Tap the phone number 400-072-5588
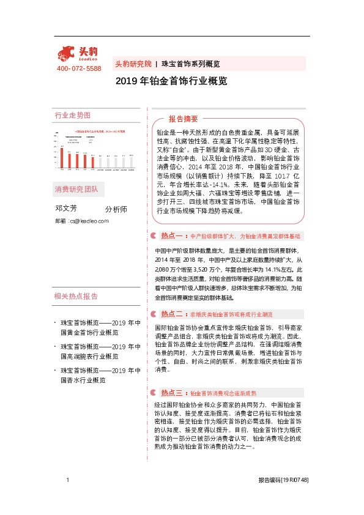point(79,69)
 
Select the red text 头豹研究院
point(133,64)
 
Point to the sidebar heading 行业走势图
point(72,115)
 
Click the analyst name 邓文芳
point(66,209)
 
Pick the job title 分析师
point(116,209)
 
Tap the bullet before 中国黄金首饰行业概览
point(55,322)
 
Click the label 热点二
point(173,314)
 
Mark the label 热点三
point(173,392)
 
